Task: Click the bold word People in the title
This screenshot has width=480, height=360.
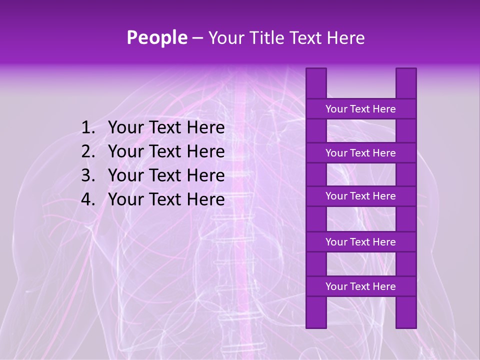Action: (156, 37)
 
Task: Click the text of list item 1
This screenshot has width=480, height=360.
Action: (166, 128)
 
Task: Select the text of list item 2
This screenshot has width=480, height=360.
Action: (166, 151)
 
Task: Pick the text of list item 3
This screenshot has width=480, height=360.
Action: (166, 175)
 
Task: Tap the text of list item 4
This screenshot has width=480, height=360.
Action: (166, 199)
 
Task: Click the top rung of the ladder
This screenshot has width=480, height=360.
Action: (360, 109)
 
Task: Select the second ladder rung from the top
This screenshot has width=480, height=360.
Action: (360, 153)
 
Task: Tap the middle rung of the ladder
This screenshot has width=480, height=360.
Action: (360, 196)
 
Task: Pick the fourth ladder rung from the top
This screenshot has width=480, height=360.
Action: (360, 242)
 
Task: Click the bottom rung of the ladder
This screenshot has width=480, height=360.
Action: (360, 286)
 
